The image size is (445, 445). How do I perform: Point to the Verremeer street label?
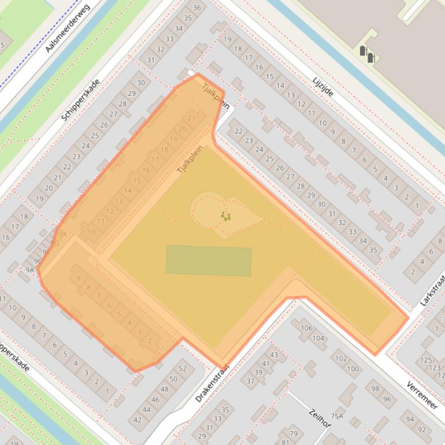421,395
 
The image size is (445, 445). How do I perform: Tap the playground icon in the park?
225,216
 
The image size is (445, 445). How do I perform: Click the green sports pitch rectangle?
209,260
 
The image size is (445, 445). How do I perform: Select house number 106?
306,328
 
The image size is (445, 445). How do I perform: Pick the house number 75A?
337,416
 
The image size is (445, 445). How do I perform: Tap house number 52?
183,368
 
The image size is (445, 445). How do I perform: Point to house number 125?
426,360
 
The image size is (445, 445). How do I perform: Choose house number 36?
197,8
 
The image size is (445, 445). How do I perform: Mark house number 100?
353,369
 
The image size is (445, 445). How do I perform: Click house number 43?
274,355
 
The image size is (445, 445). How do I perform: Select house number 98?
376,389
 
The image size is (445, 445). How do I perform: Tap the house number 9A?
30,269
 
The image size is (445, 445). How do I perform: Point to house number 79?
293,433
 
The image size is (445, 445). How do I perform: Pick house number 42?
138,420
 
